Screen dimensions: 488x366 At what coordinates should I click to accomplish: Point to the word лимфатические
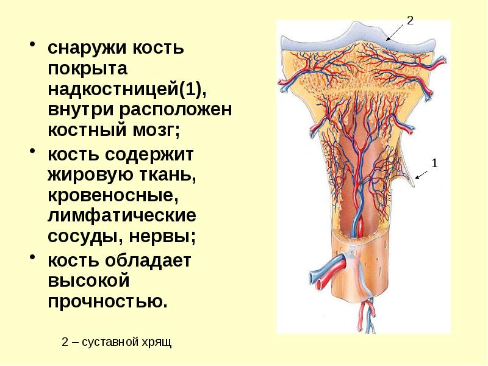coord(121,217)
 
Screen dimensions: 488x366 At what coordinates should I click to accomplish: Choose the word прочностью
coord(107,302)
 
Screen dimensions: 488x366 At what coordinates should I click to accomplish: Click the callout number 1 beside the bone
coord(434,163)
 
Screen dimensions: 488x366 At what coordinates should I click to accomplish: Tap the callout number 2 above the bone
coord(410,20)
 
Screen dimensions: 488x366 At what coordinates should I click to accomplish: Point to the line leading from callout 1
coord(423,172)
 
